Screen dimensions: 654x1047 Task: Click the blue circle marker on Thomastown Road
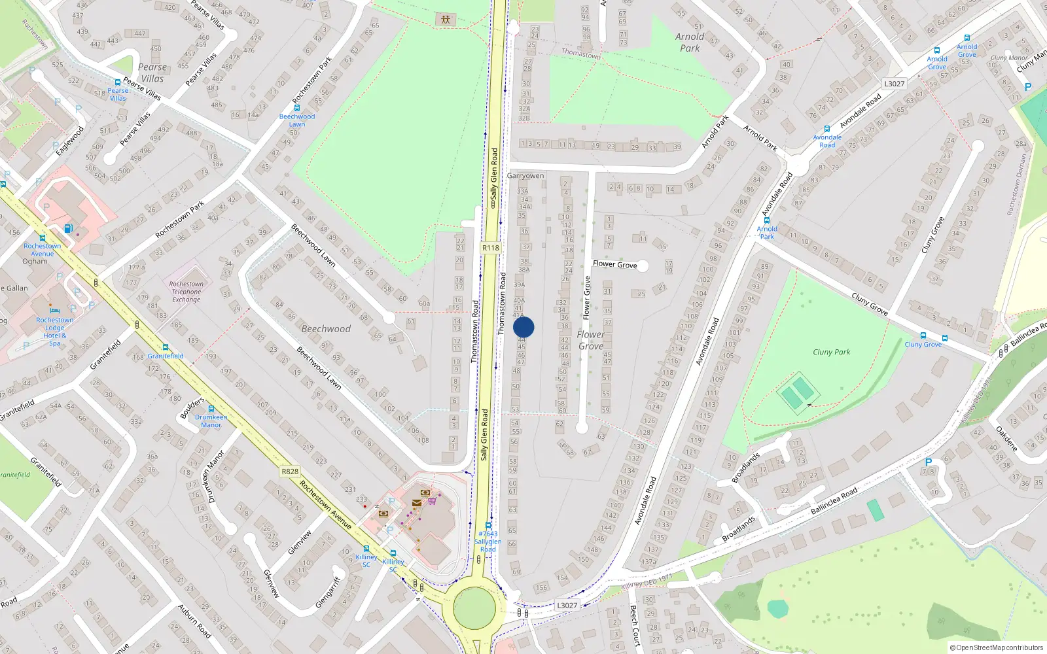pos(523,327)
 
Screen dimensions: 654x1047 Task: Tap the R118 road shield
pos(490,248)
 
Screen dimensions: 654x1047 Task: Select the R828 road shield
pos(290,472)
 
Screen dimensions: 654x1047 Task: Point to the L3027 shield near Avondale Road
pos(894,84)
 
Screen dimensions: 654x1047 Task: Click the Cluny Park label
pos(831,352)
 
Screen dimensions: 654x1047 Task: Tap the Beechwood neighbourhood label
pos(326,329)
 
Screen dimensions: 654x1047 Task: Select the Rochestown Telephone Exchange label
pos(186,292)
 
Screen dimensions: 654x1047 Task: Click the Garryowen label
pos(525,176)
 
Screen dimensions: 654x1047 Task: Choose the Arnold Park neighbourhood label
pos(690,43)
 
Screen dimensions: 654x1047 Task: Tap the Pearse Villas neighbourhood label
pos(152,73)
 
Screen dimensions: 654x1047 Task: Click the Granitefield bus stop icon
pos(166,348)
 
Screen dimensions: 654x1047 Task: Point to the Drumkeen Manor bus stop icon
pos(211,409)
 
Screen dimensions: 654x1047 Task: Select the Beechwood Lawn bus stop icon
pos(297,108)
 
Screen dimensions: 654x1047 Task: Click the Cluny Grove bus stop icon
pos(923,336)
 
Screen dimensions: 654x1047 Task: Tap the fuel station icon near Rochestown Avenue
pos(68,228)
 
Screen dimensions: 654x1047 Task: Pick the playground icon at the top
pos(446,20)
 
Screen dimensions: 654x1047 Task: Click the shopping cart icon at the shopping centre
pos(433,501)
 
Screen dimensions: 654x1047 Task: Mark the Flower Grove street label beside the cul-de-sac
pos(614,264)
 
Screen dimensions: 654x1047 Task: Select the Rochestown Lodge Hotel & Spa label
pos(55,332)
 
